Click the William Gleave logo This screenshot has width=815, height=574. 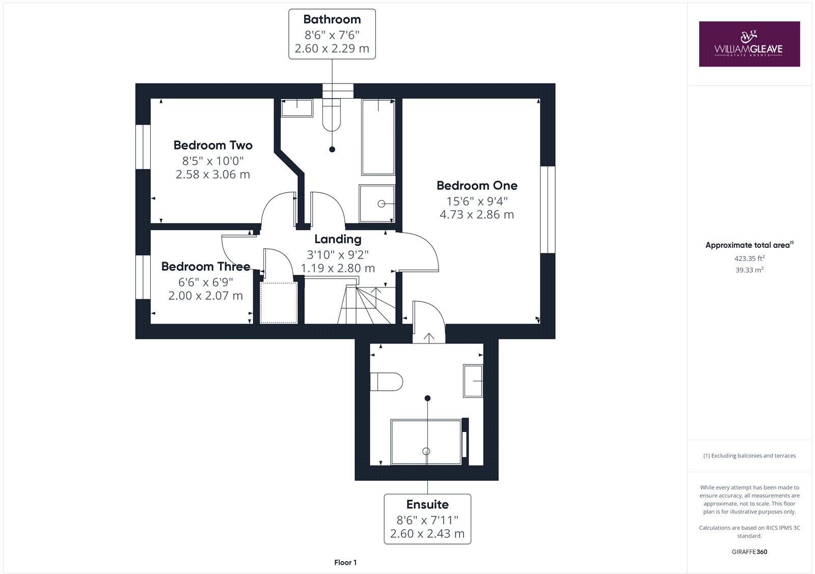(749, 44)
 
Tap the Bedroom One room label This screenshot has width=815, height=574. (477, 186)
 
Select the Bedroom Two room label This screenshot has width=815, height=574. (213, 146)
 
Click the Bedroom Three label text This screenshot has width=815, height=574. (205, 267)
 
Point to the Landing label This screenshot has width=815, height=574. (338, 239)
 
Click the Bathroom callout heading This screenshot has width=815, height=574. (332, 19)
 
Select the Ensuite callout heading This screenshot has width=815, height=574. (427, 504)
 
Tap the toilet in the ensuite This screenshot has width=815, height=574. (386, 382)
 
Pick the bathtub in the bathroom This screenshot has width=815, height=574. (378, 137)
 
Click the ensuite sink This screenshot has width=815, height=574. (473, 381)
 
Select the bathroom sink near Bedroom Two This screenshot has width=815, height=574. (297, 108)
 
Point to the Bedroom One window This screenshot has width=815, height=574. (547, 209)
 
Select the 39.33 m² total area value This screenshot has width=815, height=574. (749, 270)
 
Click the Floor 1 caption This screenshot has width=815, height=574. (345, 562)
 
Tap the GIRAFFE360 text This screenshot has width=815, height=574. (749, 552)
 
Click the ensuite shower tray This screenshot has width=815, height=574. (425, 442)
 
